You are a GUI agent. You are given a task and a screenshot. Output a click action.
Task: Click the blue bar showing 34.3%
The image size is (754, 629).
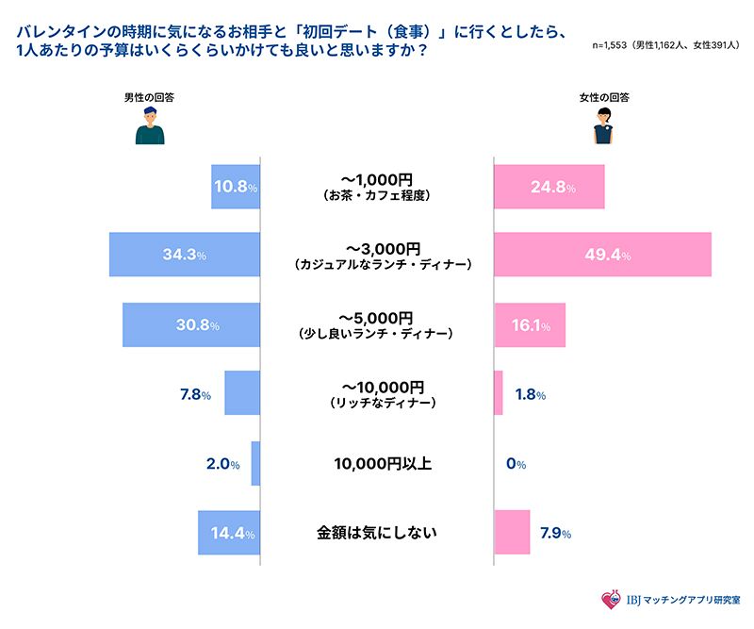[184, 255]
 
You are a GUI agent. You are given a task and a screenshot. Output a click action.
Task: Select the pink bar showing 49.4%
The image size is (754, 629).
[602, 255]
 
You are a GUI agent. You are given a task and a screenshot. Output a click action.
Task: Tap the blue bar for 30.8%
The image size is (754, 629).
[190, 324]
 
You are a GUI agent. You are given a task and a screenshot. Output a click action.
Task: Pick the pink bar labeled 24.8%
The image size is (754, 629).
[549, 186]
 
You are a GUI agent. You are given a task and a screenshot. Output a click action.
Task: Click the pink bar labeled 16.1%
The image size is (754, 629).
[530, 324]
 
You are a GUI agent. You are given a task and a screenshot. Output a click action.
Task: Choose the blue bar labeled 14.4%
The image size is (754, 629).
[228, 533]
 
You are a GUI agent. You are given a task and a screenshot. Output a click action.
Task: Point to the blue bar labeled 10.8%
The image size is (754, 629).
[235, 186]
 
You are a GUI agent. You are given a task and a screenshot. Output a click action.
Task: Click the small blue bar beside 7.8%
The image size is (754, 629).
[241, 393]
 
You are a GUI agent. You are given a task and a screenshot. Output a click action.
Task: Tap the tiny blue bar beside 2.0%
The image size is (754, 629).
[254, 463]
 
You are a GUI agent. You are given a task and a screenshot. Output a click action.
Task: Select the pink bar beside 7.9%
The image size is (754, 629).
[512, 533]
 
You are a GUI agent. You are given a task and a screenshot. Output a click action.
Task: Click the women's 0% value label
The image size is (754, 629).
[516, 464]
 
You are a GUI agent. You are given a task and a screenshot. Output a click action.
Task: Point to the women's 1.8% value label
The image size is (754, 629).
[528, 394]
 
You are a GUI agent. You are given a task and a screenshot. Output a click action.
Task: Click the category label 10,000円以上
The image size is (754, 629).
[376, 464]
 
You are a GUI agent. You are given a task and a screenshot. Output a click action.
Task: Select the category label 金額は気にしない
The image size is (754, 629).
[376, 533]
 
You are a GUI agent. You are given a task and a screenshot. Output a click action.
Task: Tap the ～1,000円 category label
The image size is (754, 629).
[376, 179]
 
